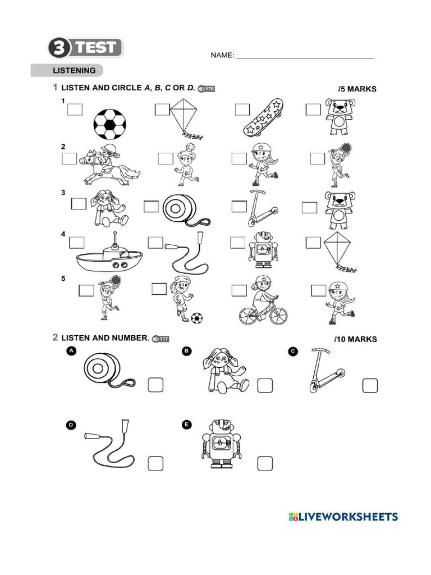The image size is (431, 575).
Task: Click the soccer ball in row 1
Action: (109, 123)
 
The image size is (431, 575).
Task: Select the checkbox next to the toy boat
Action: (76, 243)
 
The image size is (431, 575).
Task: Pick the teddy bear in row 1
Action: (340, 117)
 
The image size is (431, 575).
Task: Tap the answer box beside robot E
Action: (265, 463)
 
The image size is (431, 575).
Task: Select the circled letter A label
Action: (71, 352)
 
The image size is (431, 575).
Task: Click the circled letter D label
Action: (71, 425)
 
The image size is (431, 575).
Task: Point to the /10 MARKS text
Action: (355, 339)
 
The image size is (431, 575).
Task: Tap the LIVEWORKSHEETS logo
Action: (343, 517)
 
